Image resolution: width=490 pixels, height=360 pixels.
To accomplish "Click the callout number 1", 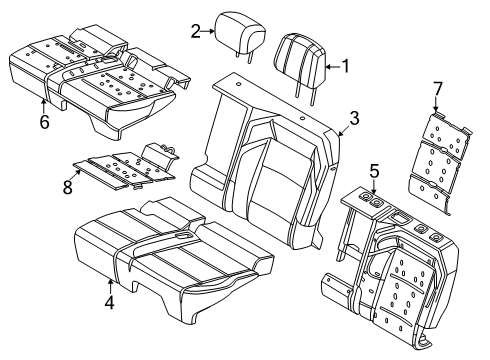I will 346,67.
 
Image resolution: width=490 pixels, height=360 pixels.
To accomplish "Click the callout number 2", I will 197,32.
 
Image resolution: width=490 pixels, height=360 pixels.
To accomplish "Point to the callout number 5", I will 373,172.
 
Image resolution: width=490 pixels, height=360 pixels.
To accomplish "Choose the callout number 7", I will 436,94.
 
